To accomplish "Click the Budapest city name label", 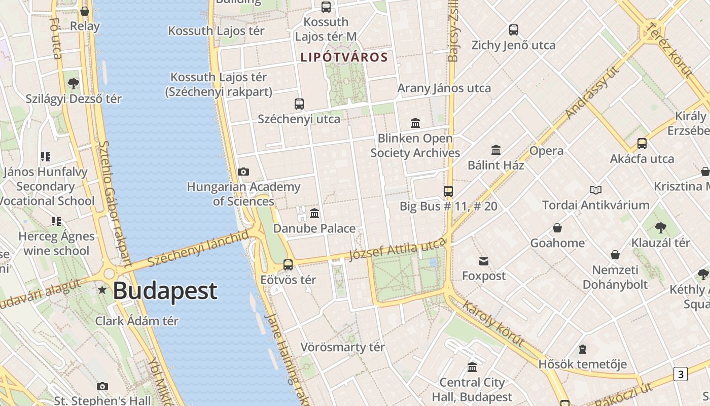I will tap(165, 291).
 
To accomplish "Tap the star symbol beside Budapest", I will tap(102, 290).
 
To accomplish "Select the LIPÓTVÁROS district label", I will tap(344, 57).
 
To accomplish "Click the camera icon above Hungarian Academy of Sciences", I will tap(243, 172).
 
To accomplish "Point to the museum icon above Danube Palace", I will tap(314, 214).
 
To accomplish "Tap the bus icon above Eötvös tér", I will tap(288, 265).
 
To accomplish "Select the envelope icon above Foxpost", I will tap(484, 261).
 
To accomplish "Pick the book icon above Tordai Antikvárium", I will tap(596, 190).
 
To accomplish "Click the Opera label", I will tap(546, 151).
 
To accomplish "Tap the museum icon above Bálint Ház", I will tap(496, 150).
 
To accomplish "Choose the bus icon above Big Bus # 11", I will tap(448, 191).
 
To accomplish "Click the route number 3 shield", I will tap(680, 375).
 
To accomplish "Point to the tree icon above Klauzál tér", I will tap(660, 228).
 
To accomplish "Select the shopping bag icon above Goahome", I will tap(557, 228).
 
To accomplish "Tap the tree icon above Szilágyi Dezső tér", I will tap(74, 83).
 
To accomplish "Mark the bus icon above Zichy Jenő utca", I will tap(514, 30).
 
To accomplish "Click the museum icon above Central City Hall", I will tap(472, 367).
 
